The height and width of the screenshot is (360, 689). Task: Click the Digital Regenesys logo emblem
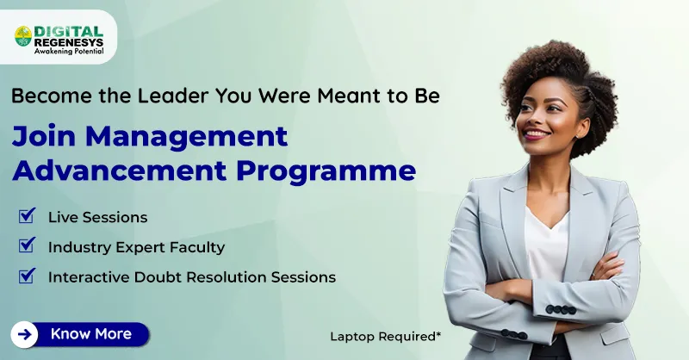(23, 35)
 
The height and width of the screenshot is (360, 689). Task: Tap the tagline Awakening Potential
(69, 51)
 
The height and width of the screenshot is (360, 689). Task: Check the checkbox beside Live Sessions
(27, 215)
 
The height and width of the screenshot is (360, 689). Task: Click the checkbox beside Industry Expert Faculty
(27, 245)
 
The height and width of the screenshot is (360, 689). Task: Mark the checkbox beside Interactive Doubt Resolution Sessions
(27, 276)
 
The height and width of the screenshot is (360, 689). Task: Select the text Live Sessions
(97, 217)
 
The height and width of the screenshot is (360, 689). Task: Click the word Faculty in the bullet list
(197, 247)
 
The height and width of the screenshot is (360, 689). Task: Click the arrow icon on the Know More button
(26, 334)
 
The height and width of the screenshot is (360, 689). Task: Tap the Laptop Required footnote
(385, 336)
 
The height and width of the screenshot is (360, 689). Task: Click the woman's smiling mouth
(537, 134)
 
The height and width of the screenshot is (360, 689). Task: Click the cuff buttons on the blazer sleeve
(561, 309)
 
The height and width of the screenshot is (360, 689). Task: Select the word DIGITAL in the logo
(68, 28)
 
